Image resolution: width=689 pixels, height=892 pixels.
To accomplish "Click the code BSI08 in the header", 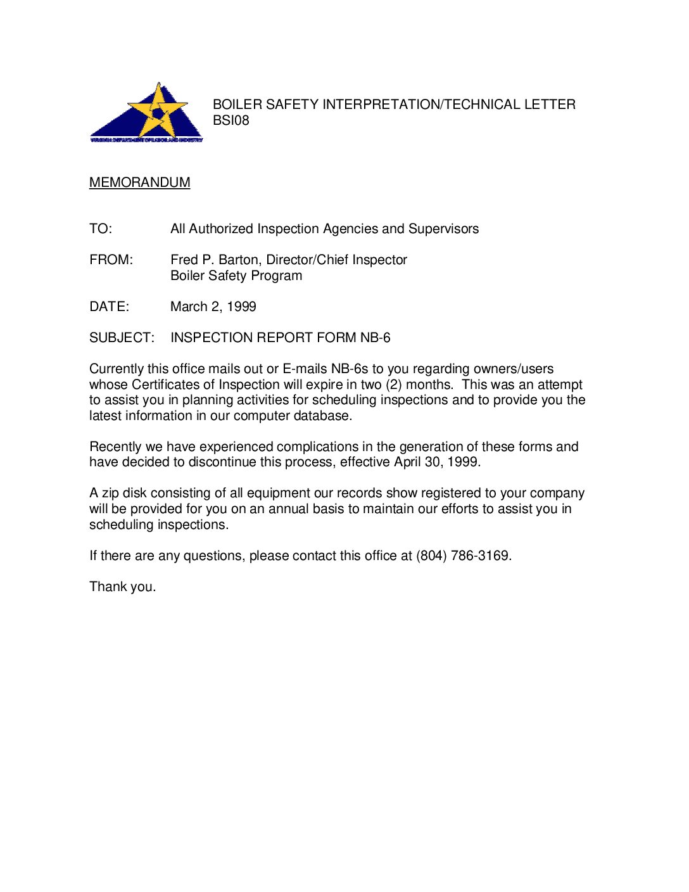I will tap(231, 120).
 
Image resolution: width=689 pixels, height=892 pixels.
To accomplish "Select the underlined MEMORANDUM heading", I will tap(139, 182).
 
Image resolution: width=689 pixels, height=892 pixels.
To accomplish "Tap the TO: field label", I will tap(101, 229).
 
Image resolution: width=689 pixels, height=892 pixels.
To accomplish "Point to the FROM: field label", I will tap(111, 260).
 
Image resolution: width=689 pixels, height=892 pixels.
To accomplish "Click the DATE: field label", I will tap(109, 307).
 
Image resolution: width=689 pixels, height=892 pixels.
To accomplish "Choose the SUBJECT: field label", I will tap(122, 338).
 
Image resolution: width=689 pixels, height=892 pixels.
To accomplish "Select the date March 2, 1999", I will tap(213, 307).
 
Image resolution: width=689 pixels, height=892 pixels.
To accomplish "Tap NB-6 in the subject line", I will tap(375, 338).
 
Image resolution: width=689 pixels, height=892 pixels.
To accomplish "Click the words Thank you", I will tap(122, 587).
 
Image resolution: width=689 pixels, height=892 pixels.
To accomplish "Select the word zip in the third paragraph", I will tap(110, 494).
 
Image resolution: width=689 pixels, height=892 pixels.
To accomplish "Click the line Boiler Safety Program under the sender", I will tap(236, 276).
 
